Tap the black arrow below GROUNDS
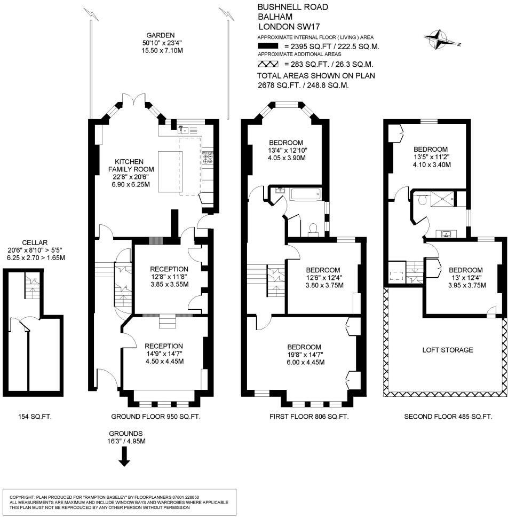tap(124, 456)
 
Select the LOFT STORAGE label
tap(448, 350)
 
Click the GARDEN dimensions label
tap(162, 43)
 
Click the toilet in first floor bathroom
tap(314, 228)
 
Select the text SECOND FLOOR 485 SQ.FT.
tap(448, 417)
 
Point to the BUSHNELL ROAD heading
tap(293, 7)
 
